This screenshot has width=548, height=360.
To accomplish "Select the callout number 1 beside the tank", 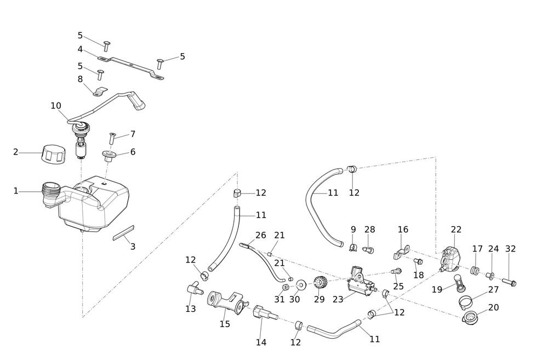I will (x=16, y=191).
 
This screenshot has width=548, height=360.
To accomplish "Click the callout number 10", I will (x=56, y=106).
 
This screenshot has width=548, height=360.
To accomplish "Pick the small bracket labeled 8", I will (x=99, y=90).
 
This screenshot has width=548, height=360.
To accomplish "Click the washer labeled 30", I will (x=301, y=285).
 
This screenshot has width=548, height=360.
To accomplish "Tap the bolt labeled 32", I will (x=509, y=283).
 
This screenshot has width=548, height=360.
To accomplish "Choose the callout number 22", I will (x=456, y=230).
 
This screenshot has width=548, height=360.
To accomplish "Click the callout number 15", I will (x=225, y=324).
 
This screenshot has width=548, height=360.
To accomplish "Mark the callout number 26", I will (x=260, y=235).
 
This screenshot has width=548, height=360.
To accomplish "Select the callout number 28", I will (x=370, y=230).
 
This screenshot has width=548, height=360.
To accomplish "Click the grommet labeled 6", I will (x=108, y=156).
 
